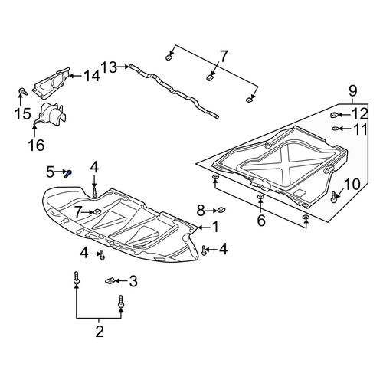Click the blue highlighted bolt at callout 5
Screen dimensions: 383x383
(68, 174)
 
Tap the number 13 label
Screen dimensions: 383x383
(109, 67)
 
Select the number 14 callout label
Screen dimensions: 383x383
(92, 76)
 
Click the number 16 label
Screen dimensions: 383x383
(36, 146)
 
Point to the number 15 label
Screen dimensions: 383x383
(23, 113)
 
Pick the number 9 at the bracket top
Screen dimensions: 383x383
(352, 91)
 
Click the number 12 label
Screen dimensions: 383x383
(360, 114)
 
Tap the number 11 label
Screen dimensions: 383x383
(360, 129)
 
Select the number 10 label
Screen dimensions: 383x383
(352, 185)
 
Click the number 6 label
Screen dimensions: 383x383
(261, 221)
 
